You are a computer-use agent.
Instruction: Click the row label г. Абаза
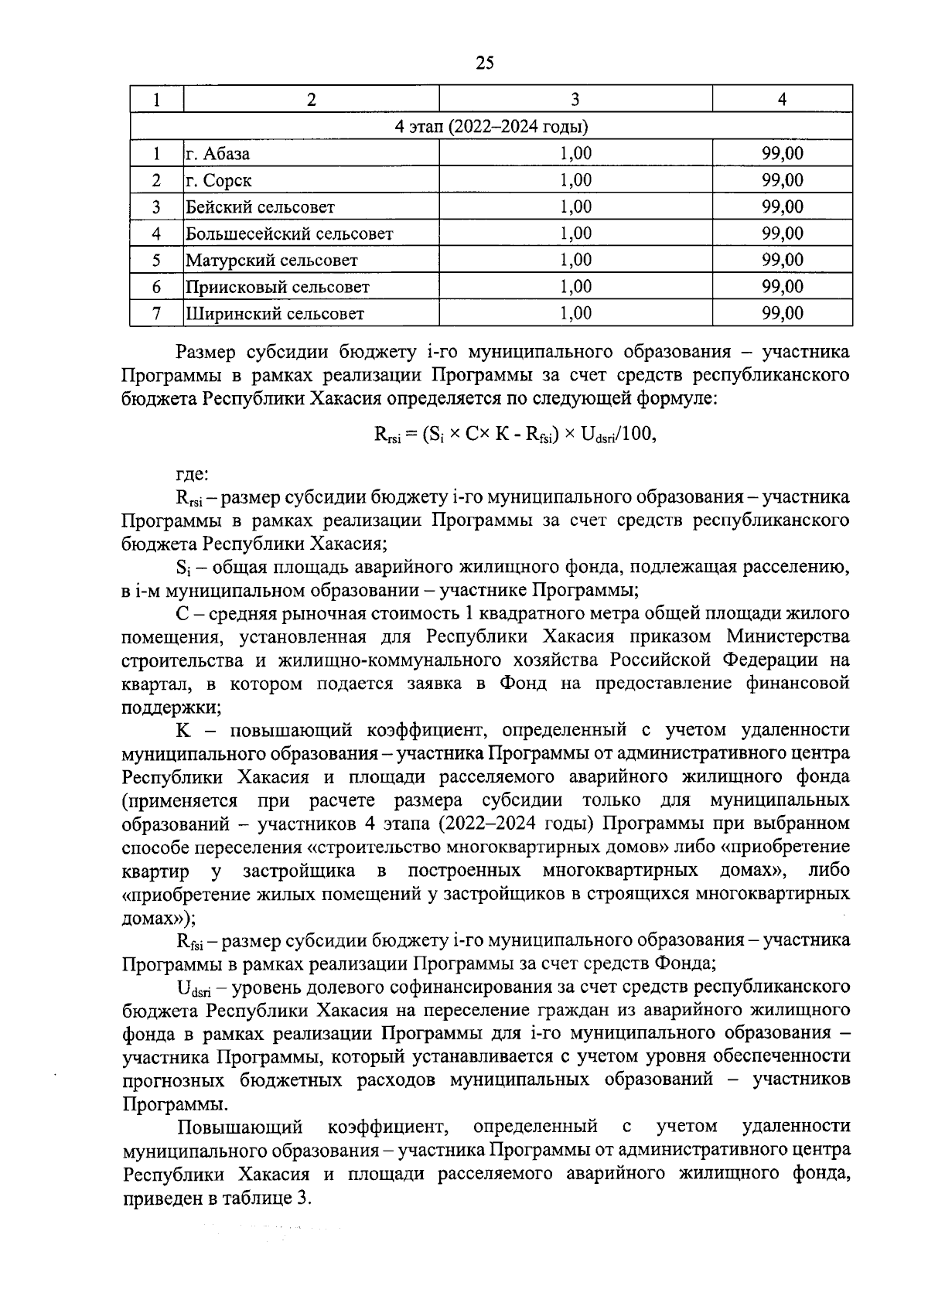pyautogui.click(x=217, y=154)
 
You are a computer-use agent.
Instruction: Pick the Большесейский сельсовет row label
pyautogui.click(x=288, y=234)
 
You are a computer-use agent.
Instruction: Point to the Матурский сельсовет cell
pyautogui.click(x=271, y=261)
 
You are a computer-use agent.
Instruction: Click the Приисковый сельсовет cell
pyautogui.click(x=277, y=287)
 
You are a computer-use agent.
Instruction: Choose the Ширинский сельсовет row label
pyautogui.click(x=274, y=314)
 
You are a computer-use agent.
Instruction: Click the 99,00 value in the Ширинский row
pyautogui.click(x=782, y=313)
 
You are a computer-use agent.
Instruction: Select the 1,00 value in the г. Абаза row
pyautogui.click(x=575, y=154)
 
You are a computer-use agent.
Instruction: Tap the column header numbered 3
pyautogui.click(x=575, y=99)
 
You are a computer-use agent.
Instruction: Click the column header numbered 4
pyautogui.click(x=782, y=99)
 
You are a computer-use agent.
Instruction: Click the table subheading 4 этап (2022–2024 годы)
pyautogui.click(x=491, y=127)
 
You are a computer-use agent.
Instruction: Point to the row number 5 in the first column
pyautogui.click(x=156, y=261)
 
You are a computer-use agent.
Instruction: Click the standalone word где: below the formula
pyautogui.click(x=192, y=472)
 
